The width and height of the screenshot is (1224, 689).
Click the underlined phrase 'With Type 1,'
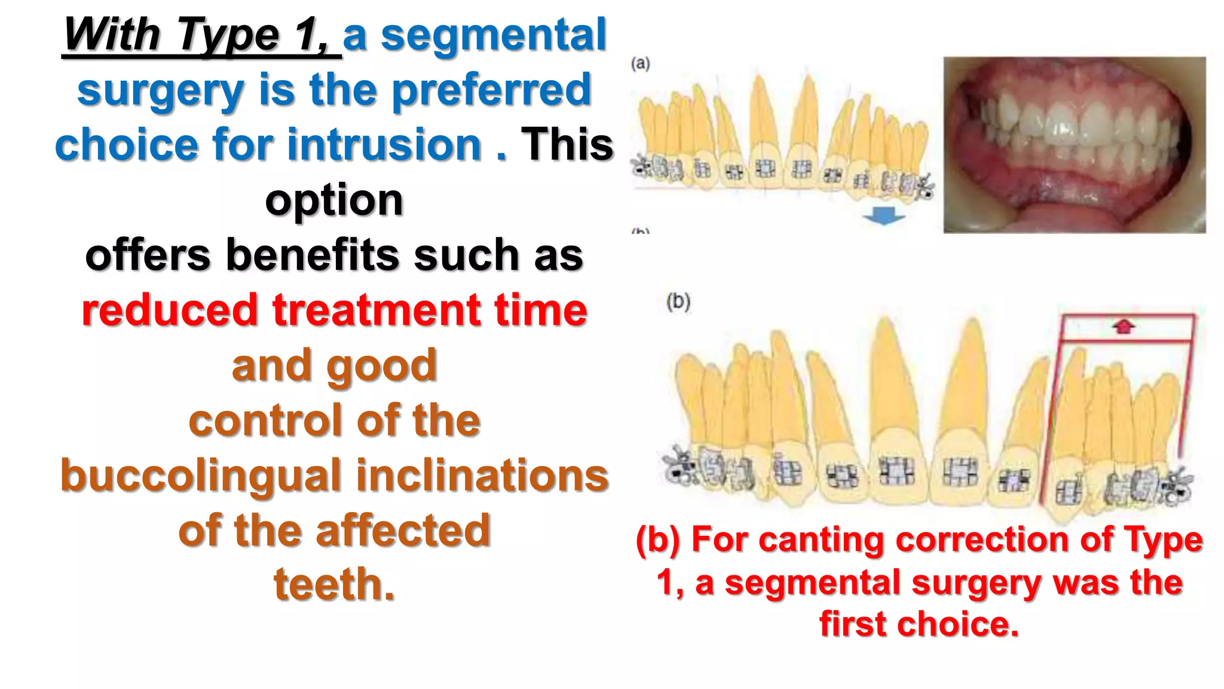[201, 35]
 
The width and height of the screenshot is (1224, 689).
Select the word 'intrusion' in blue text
[384, 145]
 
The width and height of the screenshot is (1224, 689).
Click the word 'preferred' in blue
[491, 90]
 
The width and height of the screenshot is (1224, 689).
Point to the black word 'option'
[333, 200]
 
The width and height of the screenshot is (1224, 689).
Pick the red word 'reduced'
[170, 310]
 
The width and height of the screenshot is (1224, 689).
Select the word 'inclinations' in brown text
[482, 475]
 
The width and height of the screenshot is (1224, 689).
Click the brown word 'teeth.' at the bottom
[334, 584]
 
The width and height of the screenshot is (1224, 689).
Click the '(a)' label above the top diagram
[640, 63]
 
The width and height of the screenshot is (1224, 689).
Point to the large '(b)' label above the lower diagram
[678, 301]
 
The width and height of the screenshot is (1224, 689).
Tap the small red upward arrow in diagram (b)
[1124, 326]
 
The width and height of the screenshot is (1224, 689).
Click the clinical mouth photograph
[1074, 145]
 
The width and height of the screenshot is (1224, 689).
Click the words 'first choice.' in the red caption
[919, 624]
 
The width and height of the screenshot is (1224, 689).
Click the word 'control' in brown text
[258, 420]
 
